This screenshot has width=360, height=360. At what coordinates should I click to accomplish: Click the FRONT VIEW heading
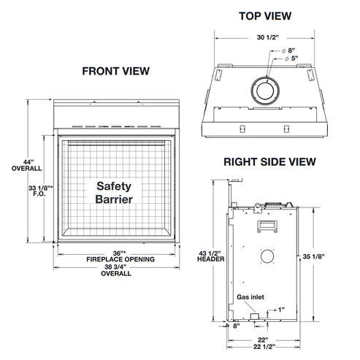point(116,71)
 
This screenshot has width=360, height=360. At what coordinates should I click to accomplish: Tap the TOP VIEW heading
point(265,16)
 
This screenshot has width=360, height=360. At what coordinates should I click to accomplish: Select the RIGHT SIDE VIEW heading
point(269,162)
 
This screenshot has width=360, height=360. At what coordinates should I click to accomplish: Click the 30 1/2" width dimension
point(268,37)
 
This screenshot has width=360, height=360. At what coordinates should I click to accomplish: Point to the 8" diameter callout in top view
point(288,50)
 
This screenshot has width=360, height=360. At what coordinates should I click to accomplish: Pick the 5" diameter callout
point(291,58)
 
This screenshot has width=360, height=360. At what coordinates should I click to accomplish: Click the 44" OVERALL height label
point(27,165)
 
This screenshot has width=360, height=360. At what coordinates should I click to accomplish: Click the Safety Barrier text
point(114,193)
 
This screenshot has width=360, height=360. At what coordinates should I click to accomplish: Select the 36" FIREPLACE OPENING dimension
point(120,256)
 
